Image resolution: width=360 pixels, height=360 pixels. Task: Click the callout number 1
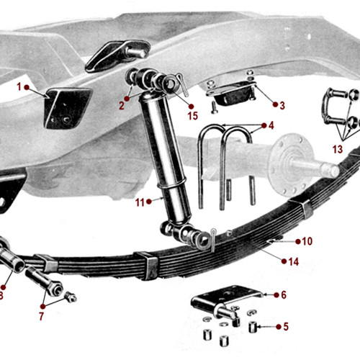[19, 86]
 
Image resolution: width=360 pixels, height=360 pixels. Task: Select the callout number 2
[122, 105]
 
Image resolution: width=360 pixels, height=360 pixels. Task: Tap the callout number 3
[282, 105]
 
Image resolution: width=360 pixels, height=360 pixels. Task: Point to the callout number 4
[271, 125]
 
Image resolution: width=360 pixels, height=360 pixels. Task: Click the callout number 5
[285, 327]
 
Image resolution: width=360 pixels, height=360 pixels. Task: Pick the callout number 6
[283, 294]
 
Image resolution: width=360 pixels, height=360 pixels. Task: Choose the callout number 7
[41, 315]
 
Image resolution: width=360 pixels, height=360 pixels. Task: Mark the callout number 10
[307, 241]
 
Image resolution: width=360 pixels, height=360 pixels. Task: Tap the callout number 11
[140, 202]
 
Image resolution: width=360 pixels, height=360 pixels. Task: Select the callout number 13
[338, 148]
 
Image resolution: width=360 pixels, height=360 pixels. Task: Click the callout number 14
[293, 261]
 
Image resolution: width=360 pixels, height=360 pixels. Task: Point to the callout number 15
[192, 115]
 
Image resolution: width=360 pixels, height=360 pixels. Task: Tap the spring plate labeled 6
[225, 297]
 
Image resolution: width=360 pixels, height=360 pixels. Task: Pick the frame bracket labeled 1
[66, 107]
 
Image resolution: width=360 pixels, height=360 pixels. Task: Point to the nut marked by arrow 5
[253, 328]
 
